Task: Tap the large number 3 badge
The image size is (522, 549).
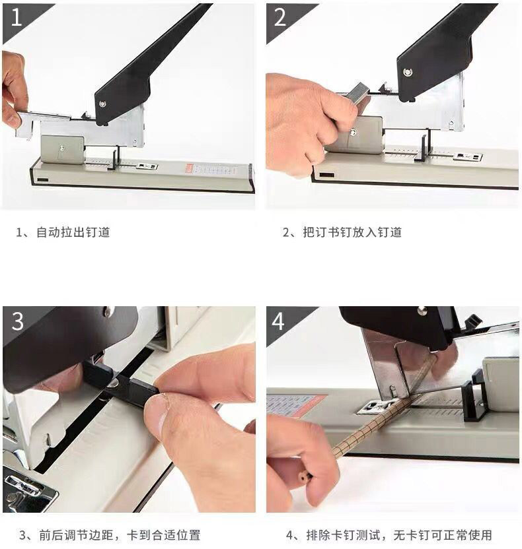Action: coord(18,321)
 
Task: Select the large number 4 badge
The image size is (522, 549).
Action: coord(278,321)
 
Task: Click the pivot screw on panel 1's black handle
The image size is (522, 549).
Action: coord(102,104)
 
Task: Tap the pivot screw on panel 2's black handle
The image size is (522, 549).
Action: coord(408,72)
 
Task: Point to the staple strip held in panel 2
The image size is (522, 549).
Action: coord(357,92)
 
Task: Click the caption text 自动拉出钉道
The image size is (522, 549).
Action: coord(73,232)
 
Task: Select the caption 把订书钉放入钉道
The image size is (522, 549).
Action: coord(352,232)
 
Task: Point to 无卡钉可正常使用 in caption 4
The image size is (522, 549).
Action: coord(443,535)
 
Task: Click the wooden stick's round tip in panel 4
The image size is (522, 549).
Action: coord(303,476)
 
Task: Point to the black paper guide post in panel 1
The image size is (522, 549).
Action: coord(114,158)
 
